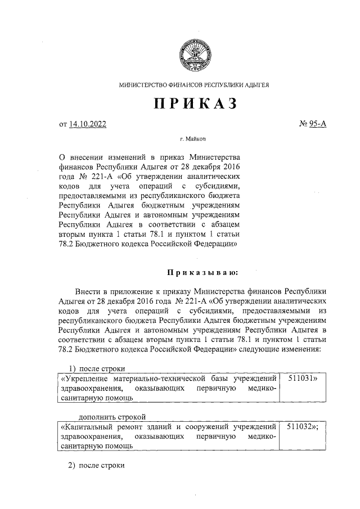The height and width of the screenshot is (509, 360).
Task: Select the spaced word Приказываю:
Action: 202,273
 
